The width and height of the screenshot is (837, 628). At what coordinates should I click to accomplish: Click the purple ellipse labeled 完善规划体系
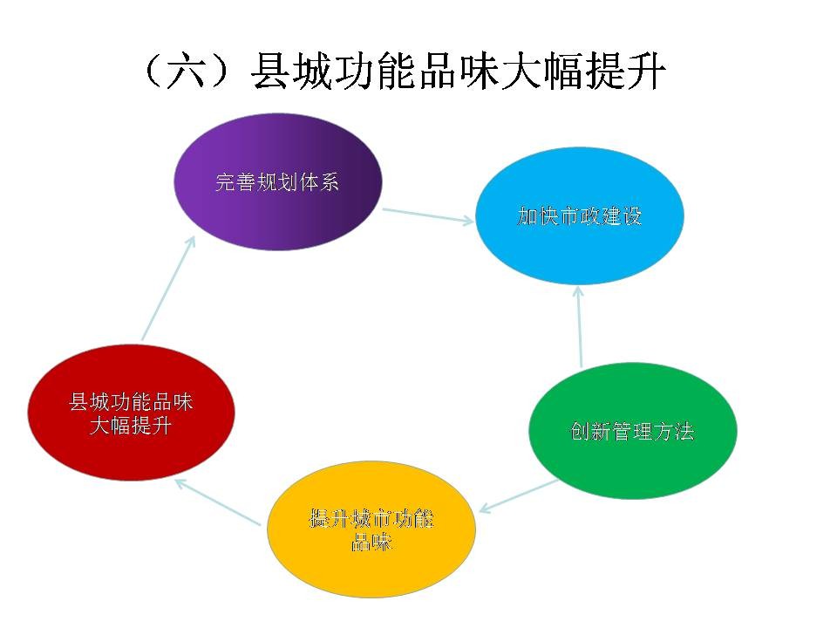tap(278, 181)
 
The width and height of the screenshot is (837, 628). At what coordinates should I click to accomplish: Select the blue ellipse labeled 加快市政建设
tap(579, 215)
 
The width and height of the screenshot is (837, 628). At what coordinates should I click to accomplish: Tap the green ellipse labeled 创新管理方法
tap(633, 431)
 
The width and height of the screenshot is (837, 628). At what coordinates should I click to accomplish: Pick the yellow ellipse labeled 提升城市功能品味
tap(371, 529)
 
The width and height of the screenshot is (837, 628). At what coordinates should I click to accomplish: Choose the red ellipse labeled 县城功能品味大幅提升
tap(131, 413)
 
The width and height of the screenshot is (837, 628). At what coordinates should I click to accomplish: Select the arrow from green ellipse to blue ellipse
tap(580, 327)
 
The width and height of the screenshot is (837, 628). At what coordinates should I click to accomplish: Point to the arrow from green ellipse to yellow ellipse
tap(518, 496)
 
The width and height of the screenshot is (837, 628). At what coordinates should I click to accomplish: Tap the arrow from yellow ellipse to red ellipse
tap(218, 502)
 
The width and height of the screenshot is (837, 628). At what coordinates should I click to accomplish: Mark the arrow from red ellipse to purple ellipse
tap(168, 289)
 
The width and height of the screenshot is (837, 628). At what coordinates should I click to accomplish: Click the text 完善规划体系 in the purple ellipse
tap(277, 182)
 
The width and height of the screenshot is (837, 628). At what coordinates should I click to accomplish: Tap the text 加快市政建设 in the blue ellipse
tap(579, 216)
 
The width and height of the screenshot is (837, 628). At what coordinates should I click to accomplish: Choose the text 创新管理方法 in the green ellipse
tap(633, 432)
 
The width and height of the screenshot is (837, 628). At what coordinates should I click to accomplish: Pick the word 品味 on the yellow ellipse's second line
tap(371, 542)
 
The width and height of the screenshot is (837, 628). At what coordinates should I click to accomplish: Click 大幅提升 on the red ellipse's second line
tap(131, 426)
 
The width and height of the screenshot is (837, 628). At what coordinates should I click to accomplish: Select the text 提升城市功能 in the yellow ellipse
tap(371, 518)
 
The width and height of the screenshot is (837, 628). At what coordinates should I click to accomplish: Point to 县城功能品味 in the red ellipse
tap(131, 401)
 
